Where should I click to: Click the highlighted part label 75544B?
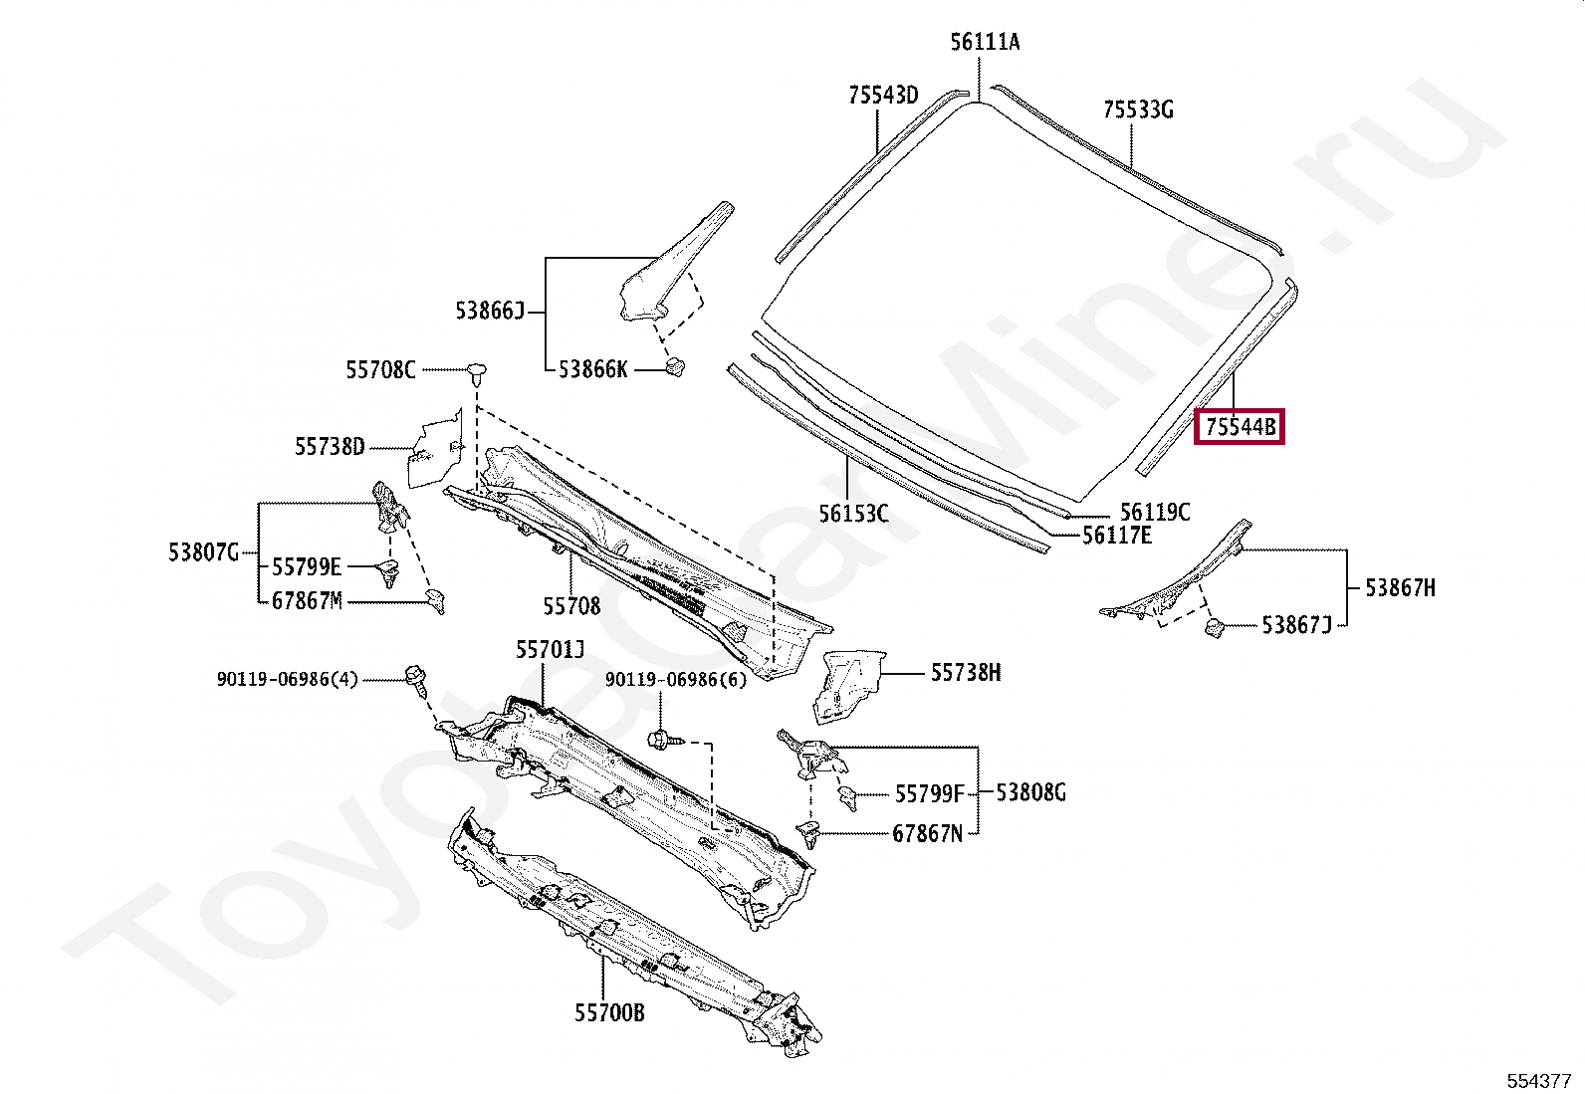(1240, 427)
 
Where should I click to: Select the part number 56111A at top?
(985, 42)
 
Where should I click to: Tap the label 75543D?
(883, 96)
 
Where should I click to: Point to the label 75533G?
(1138, 109)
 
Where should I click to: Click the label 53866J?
(489, 312)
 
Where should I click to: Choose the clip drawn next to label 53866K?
(674, 366)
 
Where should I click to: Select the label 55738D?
(330, 447)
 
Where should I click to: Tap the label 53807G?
(203, 552)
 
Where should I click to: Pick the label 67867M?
(307, 601)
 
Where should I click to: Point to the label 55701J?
(550, 650)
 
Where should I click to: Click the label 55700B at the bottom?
(609, 1013)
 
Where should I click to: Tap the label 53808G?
(1030, 793)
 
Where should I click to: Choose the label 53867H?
(1400, 588)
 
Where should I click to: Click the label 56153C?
(853, 514)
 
